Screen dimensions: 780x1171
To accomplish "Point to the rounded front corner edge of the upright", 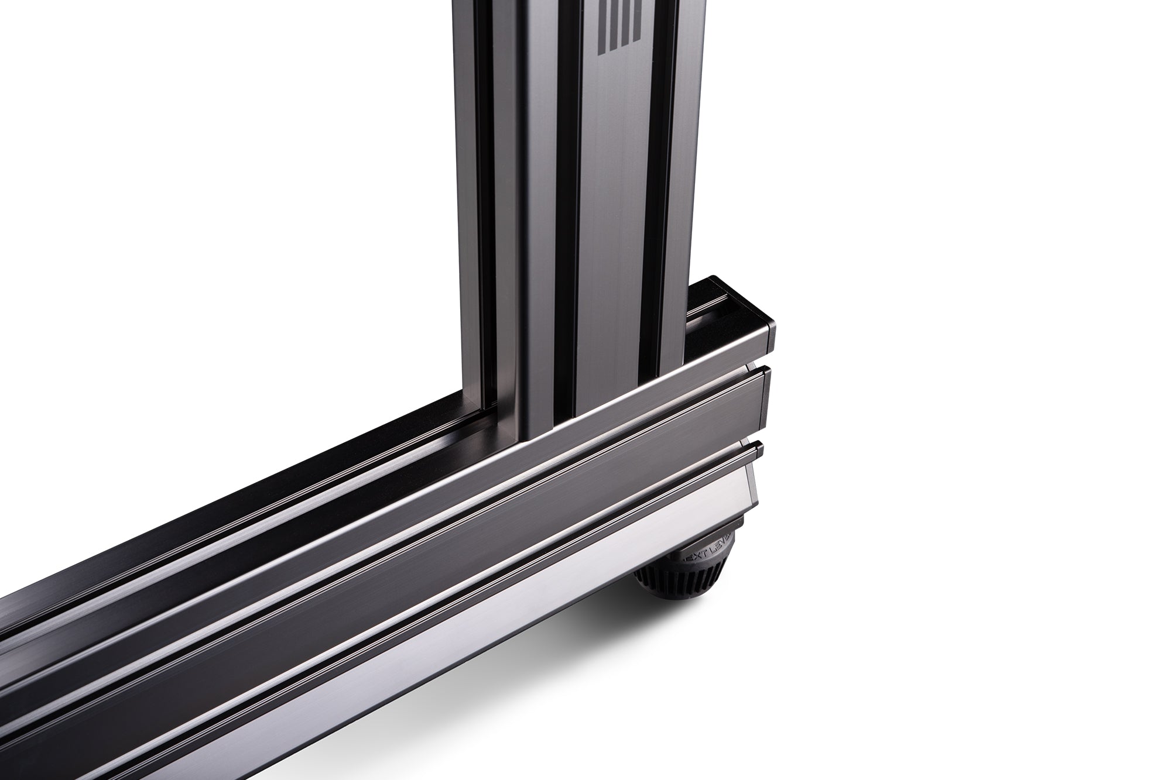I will [x=519, y=234].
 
